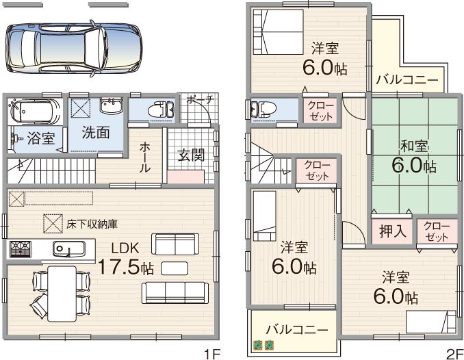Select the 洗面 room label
coord(96,133)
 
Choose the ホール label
coord(145,157)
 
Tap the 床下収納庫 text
coord(92,223)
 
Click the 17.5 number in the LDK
coord(118,267)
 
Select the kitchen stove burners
coord(18,248)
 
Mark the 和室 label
coord(414,146)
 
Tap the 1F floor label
coord(211,353)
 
